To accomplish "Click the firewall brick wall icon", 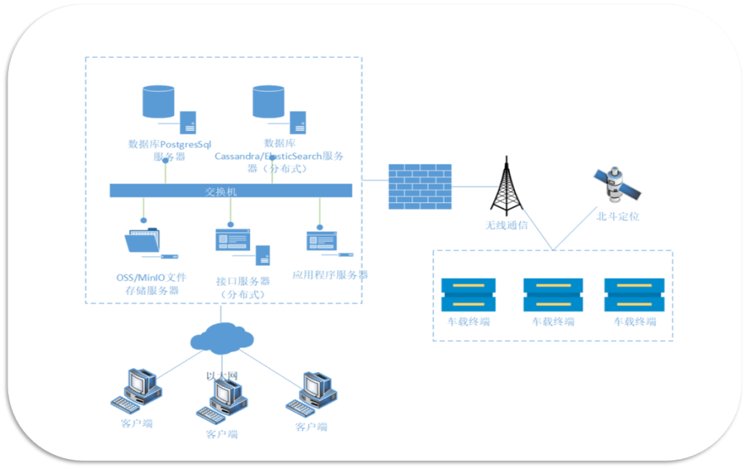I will pyautogui.click(x=419, y=186).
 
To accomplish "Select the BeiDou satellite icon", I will pyautogui.click(x=616, y=185).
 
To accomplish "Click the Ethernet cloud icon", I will pyautogui.click(x=222, y=337).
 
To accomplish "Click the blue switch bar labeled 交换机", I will pyautogui.click(x=230, y=191).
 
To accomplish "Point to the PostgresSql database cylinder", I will pyautogui.click(x=159, y=102).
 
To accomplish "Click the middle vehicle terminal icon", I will pyautogui.click(x=553, y=294).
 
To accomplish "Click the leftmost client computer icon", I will pyautogui.click(x=138, y=391).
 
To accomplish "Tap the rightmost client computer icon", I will pyautogui.click(x=314, y=393).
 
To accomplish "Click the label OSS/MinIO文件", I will pyautogui.click(x=152, y=277).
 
